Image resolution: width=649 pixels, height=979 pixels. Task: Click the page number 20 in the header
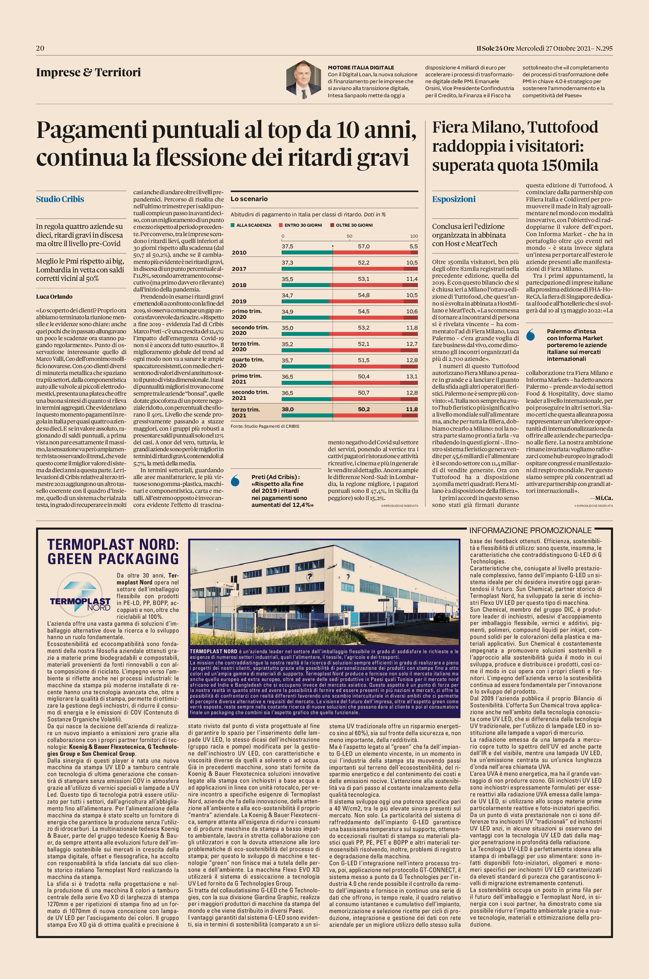coord(40,48)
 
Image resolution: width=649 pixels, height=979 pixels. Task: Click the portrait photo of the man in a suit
coord(304,80)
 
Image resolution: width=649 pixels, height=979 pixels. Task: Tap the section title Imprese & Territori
coord(88,72)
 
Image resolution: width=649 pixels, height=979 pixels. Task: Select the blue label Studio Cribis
coord(60,199)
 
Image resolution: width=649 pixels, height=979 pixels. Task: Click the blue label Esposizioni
coord(454,199)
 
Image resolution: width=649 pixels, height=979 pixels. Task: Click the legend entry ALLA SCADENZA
coord(251,225)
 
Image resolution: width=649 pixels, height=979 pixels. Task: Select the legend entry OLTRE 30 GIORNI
coord(351,225)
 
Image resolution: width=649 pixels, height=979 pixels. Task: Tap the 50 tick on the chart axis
coord(349,236)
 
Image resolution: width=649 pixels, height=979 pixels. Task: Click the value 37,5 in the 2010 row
coord(287,246)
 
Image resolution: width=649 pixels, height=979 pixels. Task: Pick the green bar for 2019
coord(306,301)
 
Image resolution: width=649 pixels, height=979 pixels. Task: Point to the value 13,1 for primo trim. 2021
coord(412,377)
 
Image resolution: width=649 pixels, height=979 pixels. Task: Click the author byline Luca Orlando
coord(54,296)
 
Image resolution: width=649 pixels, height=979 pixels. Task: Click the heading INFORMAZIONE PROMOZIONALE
coord(531,531)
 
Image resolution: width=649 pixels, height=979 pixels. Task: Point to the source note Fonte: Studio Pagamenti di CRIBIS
coord(265,426)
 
